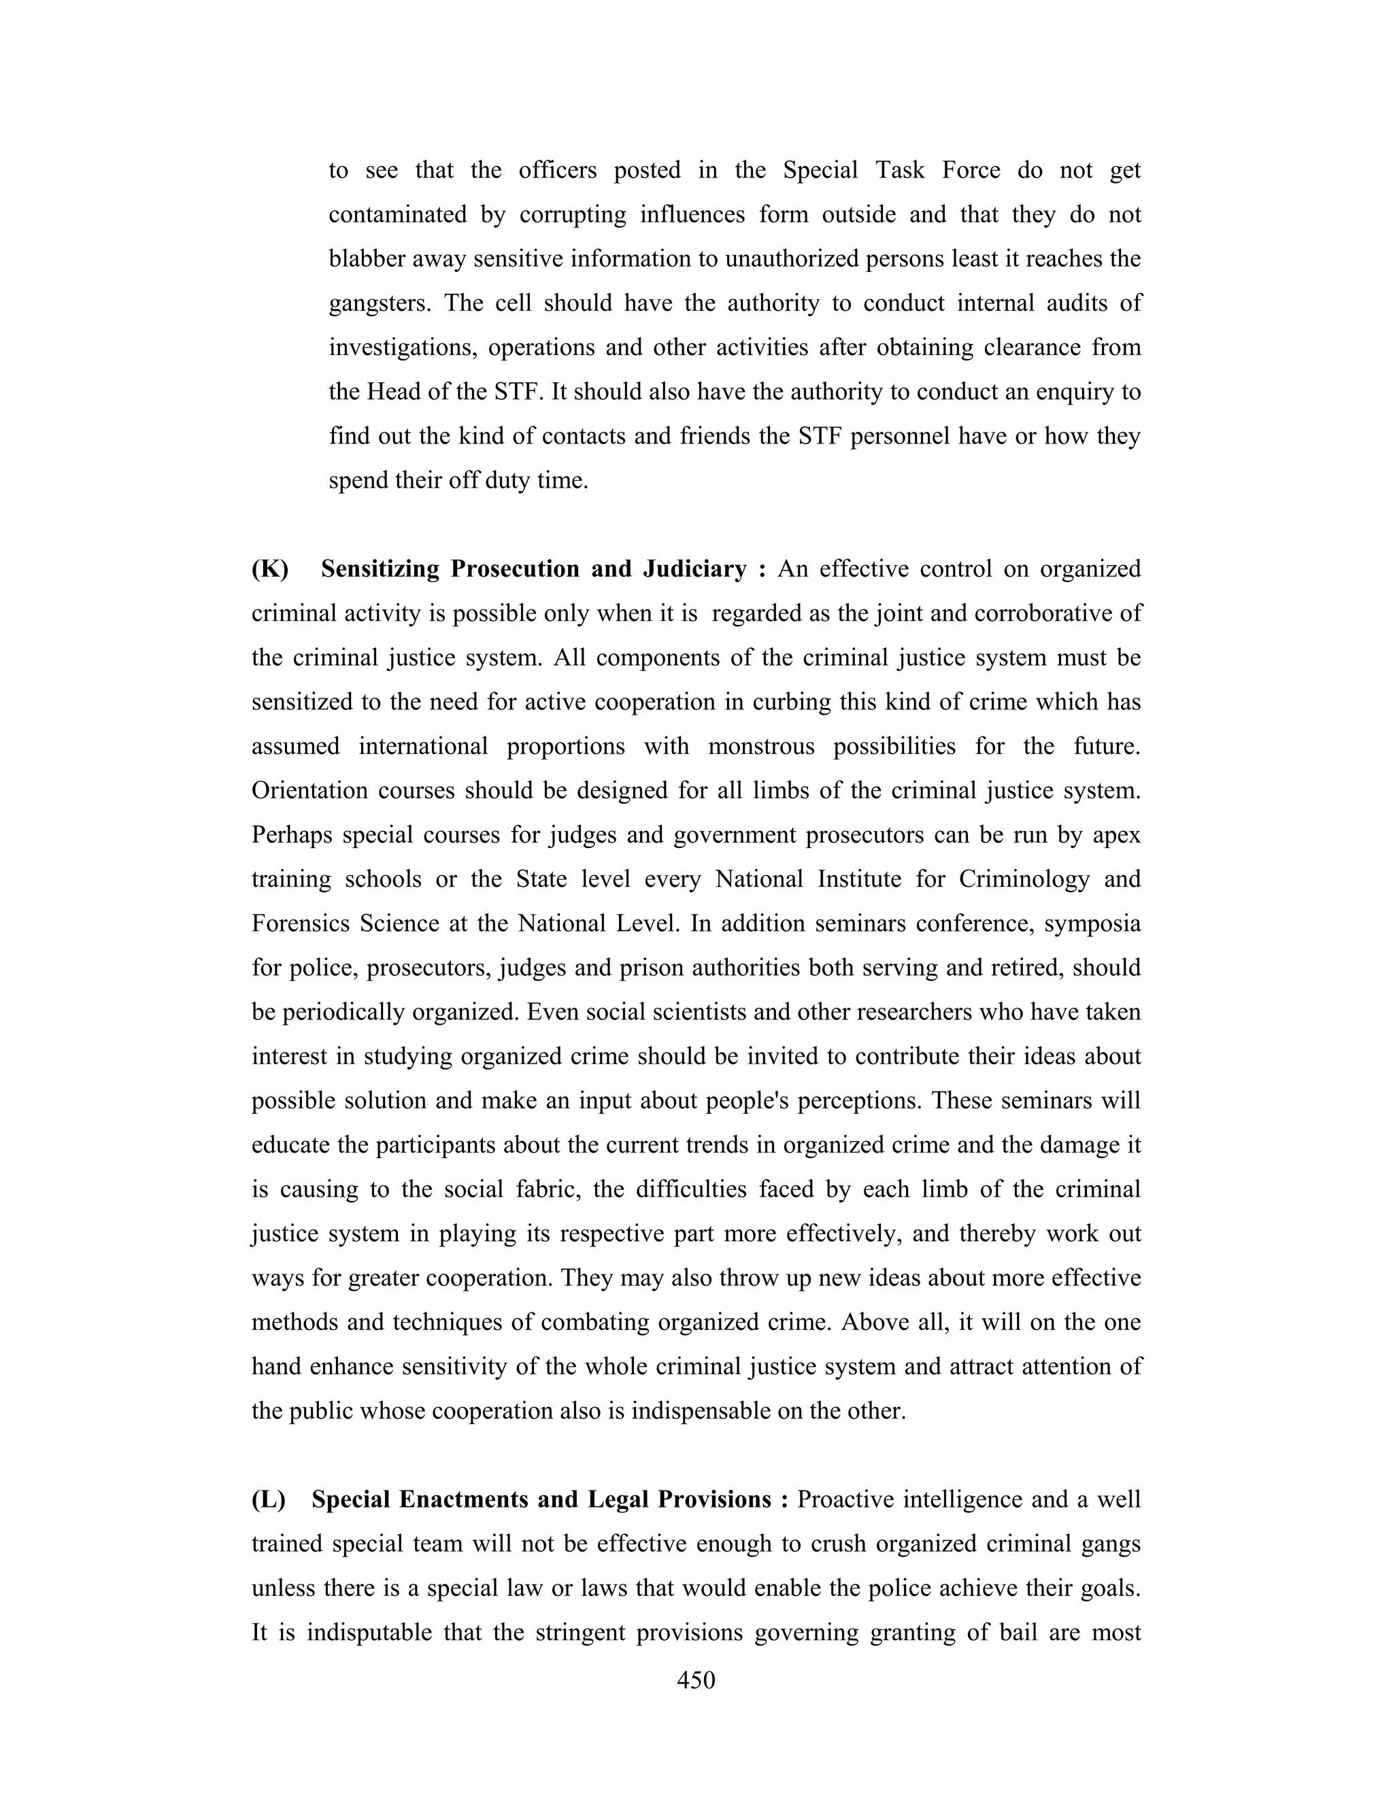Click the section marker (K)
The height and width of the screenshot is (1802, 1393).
[x=270, y=569]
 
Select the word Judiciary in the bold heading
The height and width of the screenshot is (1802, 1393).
[x=694, y=569]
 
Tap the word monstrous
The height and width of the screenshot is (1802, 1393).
[x=761, y=747]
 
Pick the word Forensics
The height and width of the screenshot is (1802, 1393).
[x=298, y=923]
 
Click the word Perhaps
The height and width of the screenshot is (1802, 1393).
[x=290, y=835]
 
